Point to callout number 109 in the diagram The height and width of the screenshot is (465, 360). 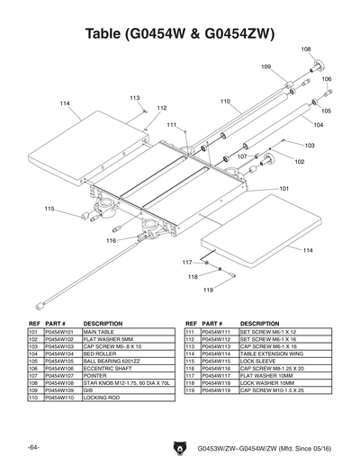point(266,67)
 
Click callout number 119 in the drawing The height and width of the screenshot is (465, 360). point(207,290)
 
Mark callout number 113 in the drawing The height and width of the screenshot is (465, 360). point(134,97)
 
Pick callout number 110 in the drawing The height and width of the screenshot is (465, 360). point(225,101)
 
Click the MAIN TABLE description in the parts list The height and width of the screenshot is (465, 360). point(101,332)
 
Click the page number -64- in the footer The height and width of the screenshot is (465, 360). point(32,446)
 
